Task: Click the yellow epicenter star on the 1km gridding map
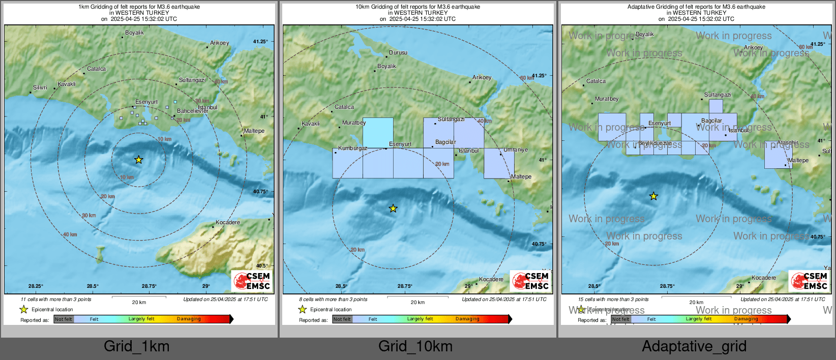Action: click(138, 160)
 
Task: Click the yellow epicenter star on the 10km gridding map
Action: click(393, 208)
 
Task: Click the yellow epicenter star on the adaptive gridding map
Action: click(653, 196)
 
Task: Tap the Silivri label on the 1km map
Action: click(40, 88)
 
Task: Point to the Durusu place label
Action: click(398, 53)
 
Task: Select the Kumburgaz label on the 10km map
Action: click(352, 148)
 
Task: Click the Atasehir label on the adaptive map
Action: click(788, 143)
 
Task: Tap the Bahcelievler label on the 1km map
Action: click(192, 111)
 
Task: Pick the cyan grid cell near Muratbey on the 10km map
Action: click(378, 133)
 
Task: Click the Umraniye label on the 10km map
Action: click(516, 150)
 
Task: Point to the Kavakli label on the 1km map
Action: click(67, 84)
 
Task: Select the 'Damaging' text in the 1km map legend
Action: click(189, 319)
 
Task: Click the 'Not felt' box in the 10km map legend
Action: click(342, 319)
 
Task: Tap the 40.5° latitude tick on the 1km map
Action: click(261, 266)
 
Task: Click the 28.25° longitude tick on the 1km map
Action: click(36, 286)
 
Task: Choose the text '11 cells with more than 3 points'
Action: click(56, 299)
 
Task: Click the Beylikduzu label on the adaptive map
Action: click(654, 143)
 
